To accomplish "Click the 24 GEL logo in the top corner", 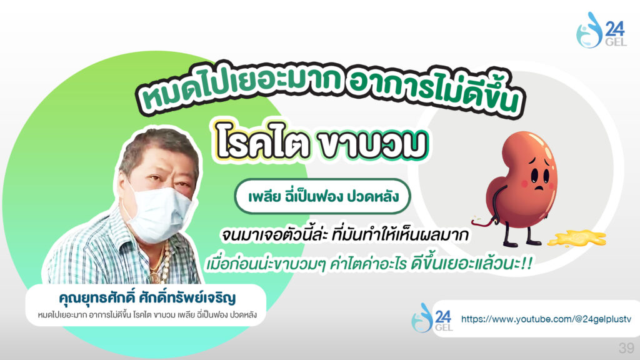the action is pos(601,30).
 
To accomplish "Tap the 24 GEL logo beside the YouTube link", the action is pos(432,317).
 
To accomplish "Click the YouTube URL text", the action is pos(546,319).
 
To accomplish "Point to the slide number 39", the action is pos(626,347).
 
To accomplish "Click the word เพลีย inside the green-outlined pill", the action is pos(264,197).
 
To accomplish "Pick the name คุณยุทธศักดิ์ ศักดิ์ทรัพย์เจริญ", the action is pos(147,297).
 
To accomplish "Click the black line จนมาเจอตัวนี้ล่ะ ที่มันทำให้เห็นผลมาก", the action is pos(345,235).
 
